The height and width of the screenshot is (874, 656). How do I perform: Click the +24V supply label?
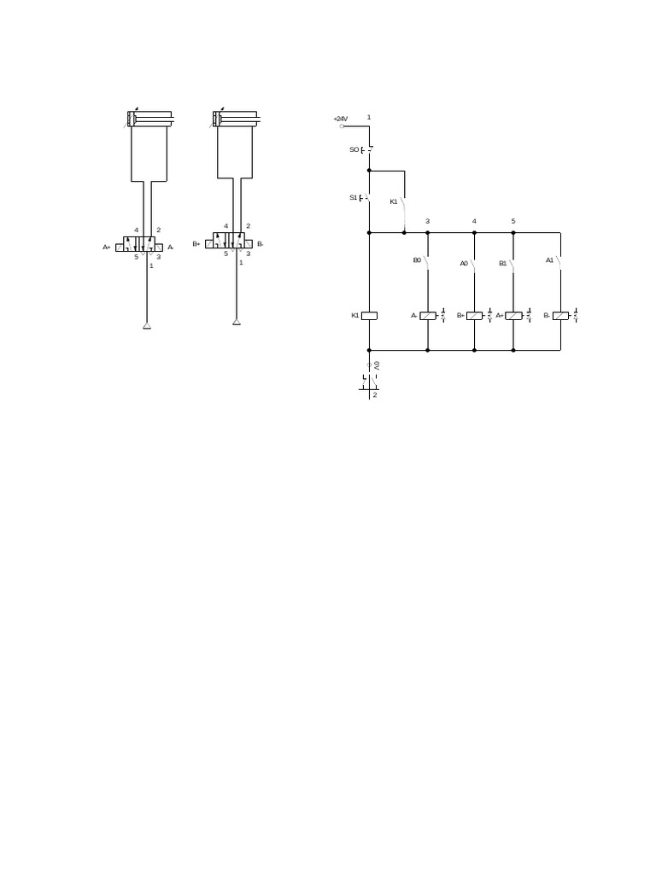tap(341, 119)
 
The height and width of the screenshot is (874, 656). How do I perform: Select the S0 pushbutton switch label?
tap(354, 149)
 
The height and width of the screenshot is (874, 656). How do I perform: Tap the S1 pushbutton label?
tap(354, 197)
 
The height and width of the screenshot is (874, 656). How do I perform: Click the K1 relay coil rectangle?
tap(369, 316)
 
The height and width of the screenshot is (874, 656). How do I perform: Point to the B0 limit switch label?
tap(417, 260)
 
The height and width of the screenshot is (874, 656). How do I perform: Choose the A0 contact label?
tap(464, 264)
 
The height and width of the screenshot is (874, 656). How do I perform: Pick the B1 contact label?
tap(503, 264)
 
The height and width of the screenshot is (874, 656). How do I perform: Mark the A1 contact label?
tap(550, 259)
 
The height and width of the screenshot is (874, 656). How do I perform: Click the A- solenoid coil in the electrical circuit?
tap(428, 316)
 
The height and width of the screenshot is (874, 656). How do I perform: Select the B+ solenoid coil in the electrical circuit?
tap(474, 316)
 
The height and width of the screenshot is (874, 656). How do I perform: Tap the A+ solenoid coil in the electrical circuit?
tap(513, 316)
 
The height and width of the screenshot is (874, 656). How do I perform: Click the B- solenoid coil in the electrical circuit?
tap(560, 316)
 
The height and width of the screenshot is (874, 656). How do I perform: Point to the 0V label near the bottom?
tap(377, 365)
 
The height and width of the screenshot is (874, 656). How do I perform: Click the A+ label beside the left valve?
tap(107, 247)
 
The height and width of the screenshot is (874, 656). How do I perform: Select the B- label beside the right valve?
tap(260, 244)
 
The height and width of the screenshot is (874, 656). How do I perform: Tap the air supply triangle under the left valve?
tap(147, 325)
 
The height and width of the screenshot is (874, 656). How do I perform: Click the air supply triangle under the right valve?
tap(237, 322)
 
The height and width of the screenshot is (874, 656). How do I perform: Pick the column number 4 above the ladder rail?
tap(474, 221)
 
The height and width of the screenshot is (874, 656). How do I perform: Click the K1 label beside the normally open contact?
tap(394, 201)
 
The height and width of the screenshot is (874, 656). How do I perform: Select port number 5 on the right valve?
tap(226, 253)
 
